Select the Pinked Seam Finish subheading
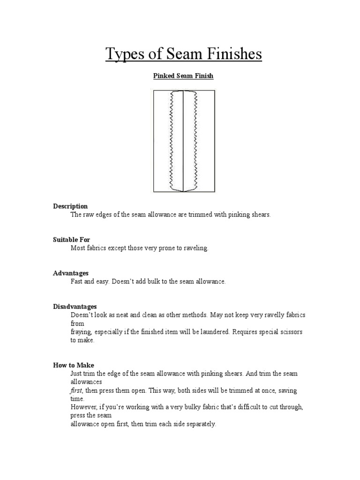[x=184, y=76]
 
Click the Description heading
[x=70, y=206]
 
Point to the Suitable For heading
[x=71, y=240]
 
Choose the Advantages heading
[x=71, y=273]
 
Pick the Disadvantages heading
[x=75, y=307]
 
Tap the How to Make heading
[x=74, y=365]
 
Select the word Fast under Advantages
[x=77, y=281]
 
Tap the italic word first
[x=76, y=390]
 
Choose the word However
[x=82, y=407]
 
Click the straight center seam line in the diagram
[x=183, y=141]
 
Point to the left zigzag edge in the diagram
[x=172, y=141]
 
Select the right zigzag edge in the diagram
[x=195, y=141]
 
